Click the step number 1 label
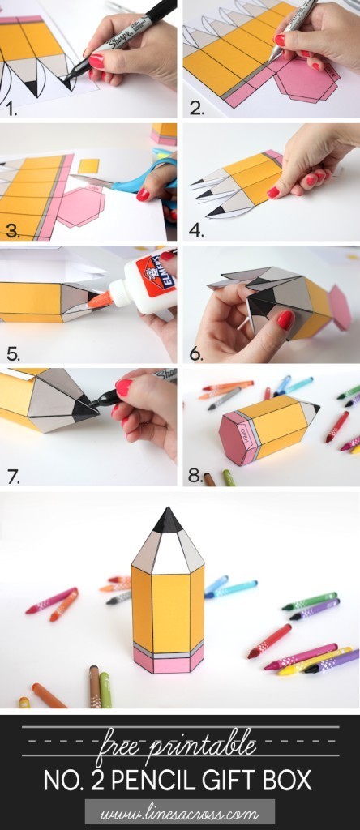point(11,107)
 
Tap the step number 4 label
point(196,229)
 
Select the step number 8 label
point(195,476)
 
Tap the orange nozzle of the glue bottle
point(101,300)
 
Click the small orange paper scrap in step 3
point(88,166)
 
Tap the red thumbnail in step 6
point(285,320)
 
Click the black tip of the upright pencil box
point(168,521)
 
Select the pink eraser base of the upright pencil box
point(169,661)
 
